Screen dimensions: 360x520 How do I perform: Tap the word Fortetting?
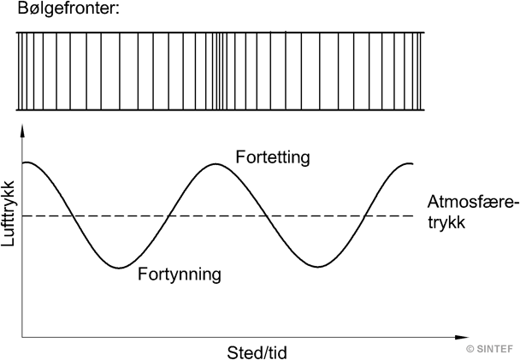click(272, 158)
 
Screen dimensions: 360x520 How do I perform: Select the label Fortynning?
click(180, 275)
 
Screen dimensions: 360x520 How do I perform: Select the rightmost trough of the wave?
click(319, 267)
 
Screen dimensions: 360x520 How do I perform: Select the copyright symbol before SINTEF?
click(469, 348)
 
